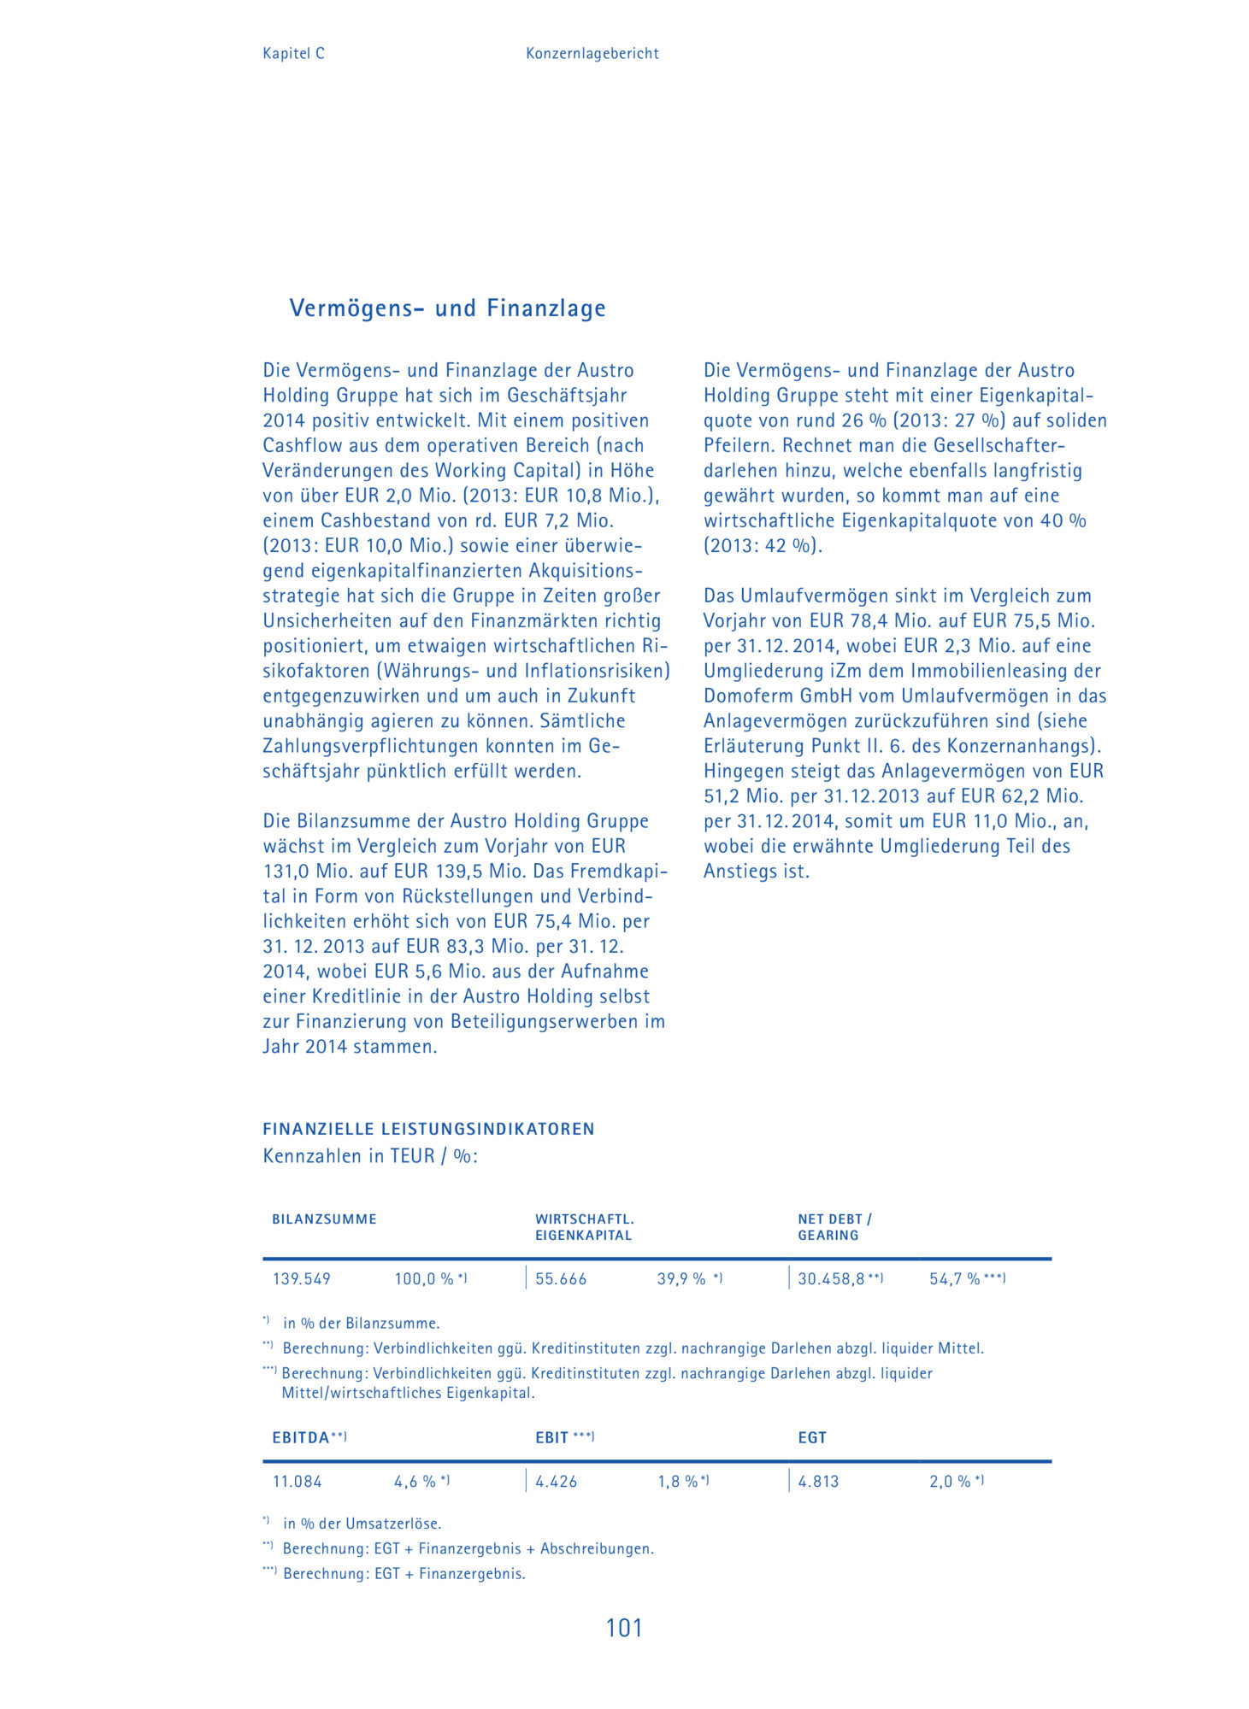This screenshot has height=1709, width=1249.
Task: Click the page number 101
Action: pyautogui.click(x=623, y=1628)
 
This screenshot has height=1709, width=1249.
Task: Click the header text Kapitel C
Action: pyautogui.click(x=293, y=53)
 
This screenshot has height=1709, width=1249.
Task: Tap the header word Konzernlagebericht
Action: pyautogui.click(x=592, y=53)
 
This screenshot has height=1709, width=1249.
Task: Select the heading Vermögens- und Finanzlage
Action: pyautogui.click(x=447, y=308)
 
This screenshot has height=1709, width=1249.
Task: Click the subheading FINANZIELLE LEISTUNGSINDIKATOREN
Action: pyautogui.click(x=428, y=1129)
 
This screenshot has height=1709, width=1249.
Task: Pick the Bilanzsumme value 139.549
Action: pyautogui.click(x=301, y=1279)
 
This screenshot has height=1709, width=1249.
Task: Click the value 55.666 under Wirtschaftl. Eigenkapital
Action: pyautogui.click(x=561, y=1279)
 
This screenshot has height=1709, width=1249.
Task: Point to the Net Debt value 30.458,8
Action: pyautogui.click(x=831, y=1279)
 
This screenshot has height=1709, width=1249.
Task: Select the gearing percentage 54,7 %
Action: pyautogui.click(x=955, y=1279)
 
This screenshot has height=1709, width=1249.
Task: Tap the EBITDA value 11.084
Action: pyautogui.click(x=297, y=1482)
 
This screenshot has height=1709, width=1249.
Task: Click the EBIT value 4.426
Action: pyautogui.click(x=556, y=1482)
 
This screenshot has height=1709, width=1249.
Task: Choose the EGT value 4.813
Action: pyautogui.click(x=818, y=1482)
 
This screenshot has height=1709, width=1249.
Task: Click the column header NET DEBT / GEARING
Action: pyautogui.click(x=834, y=1227)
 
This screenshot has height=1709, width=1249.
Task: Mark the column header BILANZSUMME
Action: pyautogui.click(x=324, y=1219)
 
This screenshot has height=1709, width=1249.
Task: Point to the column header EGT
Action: pyautogui.click(x=812, y=1438)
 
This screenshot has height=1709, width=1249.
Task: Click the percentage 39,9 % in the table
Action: pyautogui.click(x=681, y=1279)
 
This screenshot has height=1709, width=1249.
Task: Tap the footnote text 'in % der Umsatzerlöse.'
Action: pyautogui.click(x=362, y=1524)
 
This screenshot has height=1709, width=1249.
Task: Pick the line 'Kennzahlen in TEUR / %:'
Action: pyautogui.click(x=370, y=1156)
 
